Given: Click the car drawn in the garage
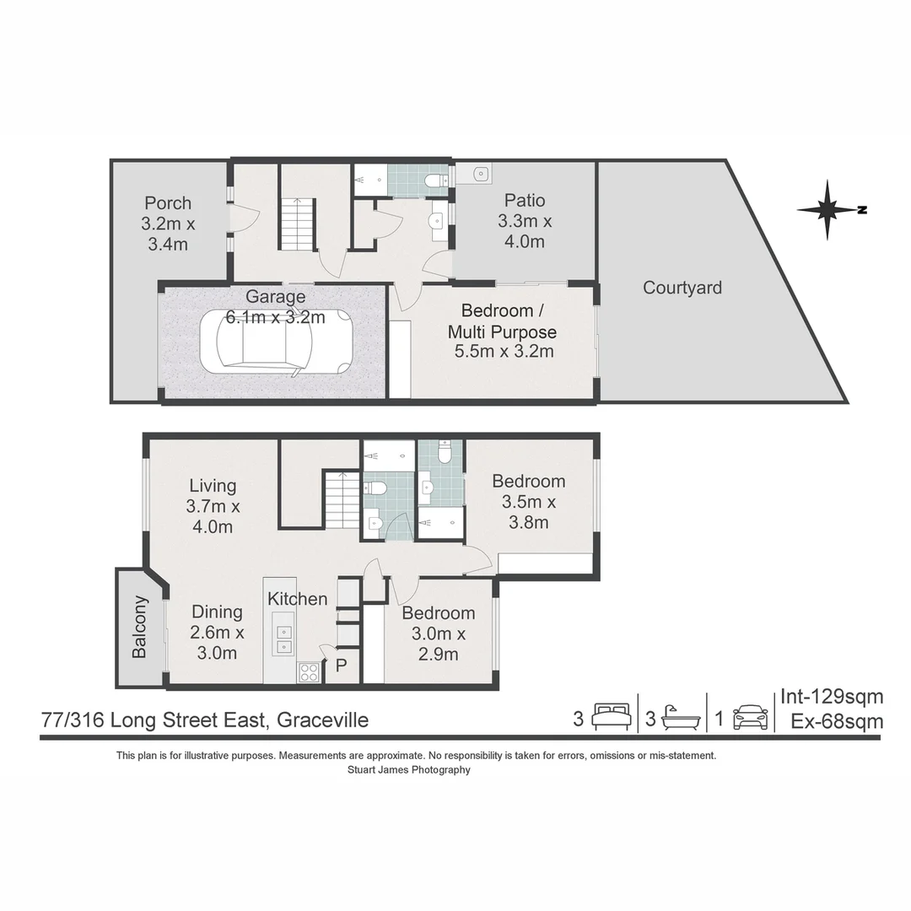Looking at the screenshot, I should click(x=276, y=341).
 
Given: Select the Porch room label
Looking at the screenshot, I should click(x=167, y=224).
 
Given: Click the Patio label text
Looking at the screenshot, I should click(x=525, y=221).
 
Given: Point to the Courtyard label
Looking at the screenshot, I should click(x=682, y=288).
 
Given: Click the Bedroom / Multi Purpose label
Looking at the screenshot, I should click(x=503, y=331).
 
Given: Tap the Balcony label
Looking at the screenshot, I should click(x=139, y=627).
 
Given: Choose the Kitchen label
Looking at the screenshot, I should click(x=297, y=599).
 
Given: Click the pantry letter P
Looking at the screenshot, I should click(x=342, y=666).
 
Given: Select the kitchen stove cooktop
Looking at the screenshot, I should click(x=309, y=671).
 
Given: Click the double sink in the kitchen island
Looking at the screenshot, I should click(x=284, y=639).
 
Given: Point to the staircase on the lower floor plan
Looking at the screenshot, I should click(x=342, y=499).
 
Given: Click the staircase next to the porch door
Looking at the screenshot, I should click(x=298, y=224).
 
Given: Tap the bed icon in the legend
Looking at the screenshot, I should click(x=612, y=717).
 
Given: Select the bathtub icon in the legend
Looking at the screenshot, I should click(x=681, y=718).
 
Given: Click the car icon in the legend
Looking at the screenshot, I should click(x=750, y=718).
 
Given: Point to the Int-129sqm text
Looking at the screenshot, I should click(x=831, y=697).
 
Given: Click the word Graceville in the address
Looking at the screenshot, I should click(x=322, y=720).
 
